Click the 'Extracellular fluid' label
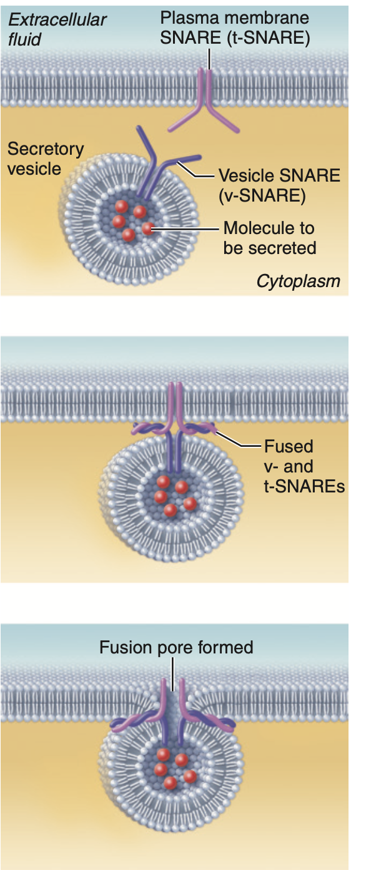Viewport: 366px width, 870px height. [57, 29]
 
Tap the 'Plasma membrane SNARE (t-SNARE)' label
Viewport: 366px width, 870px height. [235, 27]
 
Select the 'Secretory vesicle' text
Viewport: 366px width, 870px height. [46, 159]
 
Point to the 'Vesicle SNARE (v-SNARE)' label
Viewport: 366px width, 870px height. [279, 185]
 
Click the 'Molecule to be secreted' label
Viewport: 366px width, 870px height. [270, 238]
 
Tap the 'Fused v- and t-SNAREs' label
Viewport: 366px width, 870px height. [304, 466]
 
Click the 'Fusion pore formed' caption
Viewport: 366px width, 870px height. [176, 647]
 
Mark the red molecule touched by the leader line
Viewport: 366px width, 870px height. [147, 228]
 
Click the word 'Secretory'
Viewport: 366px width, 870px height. [46, 149]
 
